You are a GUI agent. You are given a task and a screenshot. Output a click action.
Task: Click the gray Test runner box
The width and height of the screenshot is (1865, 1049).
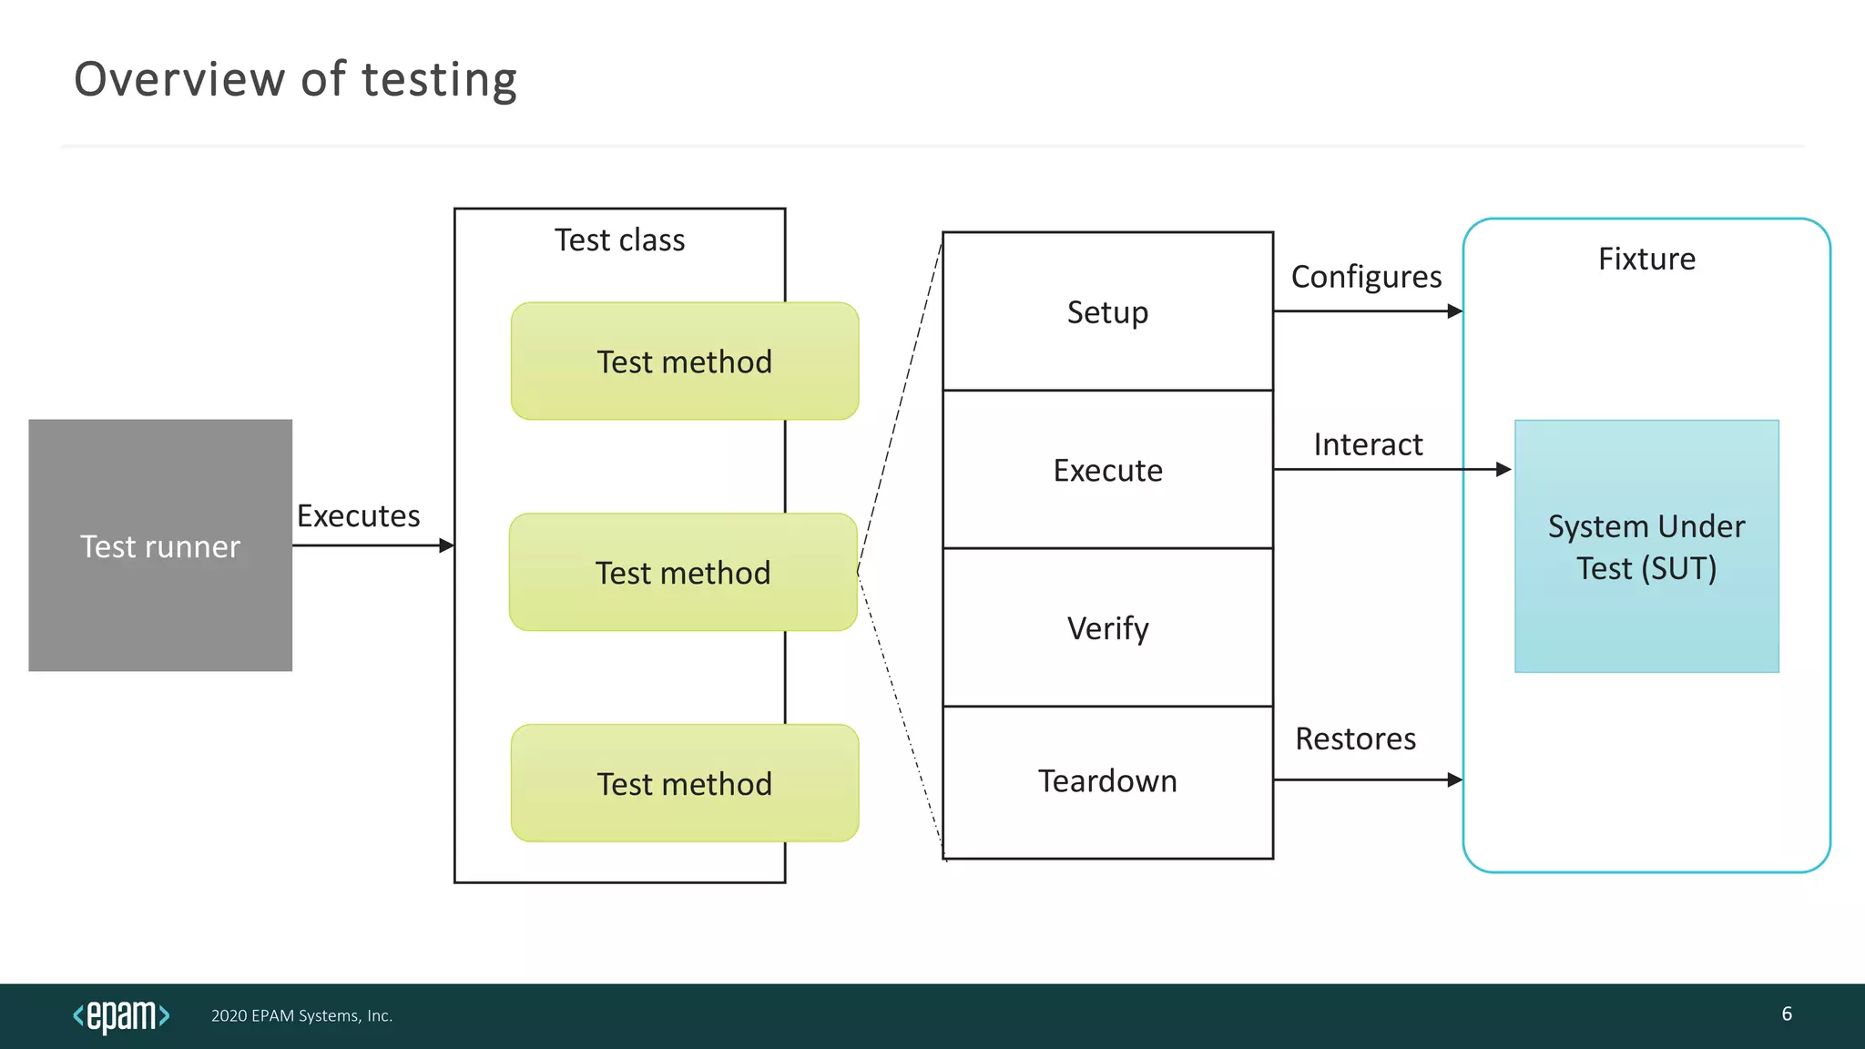tap(160, 545)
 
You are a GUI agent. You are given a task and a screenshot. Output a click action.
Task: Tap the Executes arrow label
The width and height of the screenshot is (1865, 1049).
tap(358, 516)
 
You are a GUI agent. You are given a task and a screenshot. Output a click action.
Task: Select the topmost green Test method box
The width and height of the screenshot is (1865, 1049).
tap(685, 362)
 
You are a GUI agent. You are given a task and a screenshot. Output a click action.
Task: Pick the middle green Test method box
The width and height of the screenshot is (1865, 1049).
tap(683, 573)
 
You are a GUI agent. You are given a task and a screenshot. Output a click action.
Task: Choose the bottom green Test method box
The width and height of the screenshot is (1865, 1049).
tap(685, 783)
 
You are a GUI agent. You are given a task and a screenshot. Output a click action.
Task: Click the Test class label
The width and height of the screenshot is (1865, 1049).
tap(619, 240)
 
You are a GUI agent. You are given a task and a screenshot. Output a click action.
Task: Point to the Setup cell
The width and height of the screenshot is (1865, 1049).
tap(1107, 312)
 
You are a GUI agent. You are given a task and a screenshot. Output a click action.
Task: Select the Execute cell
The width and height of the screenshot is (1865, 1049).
tap(1107, 470)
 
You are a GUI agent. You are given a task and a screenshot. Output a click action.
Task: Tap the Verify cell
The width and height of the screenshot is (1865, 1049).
tap(1107, 628)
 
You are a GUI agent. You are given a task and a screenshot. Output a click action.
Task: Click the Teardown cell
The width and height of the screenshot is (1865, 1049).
tap(1107, 781)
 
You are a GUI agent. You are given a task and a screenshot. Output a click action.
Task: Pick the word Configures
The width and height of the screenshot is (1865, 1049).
tap(1366, 277)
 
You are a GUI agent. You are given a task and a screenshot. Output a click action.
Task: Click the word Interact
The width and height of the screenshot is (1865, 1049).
tap(1368, 444)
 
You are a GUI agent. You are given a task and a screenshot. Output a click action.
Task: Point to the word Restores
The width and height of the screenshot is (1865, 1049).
tap(1355, 738)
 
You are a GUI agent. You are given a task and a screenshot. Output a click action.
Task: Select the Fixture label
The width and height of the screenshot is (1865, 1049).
tap(1646, 260)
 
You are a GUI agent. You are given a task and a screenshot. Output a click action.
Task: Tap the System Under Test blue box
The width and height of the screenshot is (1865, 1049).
tap(1646, 546)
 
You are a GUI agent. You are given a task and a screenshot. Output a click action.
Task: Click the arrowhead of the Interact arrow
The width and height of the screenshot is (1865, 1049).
tap(1503, 470)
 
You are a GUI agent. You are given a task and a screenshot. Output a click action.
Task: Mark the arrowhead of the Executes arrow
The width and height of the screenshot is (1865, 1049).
tap(446, 545)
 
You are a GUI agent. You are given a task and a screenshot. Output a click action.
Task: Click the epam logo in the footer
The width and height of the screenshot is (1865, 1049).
tap(121, 1015)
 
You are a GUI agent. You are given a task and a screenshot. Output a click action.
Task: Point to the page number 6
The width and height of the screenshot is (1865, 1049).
tap(1787, 1014)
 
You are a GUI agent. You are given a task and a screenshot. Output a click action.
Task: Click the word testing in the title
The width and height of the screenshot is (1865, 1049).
tap(439, 80)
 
